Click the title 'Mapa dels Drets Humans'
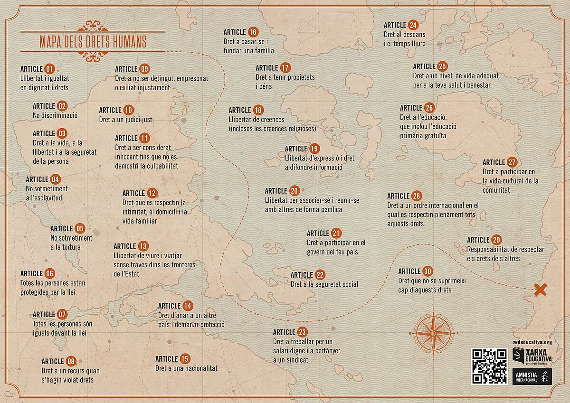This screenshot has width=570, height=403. click(93, 41)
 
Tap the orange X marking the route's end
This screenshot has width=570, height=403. click(541, 290)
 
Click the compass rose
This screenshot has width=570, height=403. click(433, 333)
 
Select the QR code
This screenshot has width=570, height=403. click(489, 366)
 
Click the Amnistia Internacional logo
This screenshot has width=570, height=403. click(532, 376)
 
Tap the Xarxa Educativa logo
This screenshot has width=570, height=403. click(532, 356)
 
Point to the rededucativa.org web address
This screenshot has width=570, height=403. click(532, 342)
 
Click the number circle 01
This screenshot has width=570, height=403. click(50, 68)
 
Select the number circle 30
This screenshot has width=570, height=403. click(427, 271)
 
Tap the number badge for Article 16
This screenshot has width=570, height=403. click(253, 32)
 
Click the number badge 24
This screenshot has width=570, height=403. click(413, 25)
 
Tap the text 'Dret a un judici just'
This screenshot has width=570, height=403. click(125, 120)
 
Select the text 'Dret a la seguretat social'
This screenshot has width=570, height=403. click(324, 284)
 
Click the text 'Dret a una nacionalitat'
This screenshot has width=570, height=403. click(186, 368)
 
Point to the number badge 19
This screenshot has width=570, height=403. click(314, 149)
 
